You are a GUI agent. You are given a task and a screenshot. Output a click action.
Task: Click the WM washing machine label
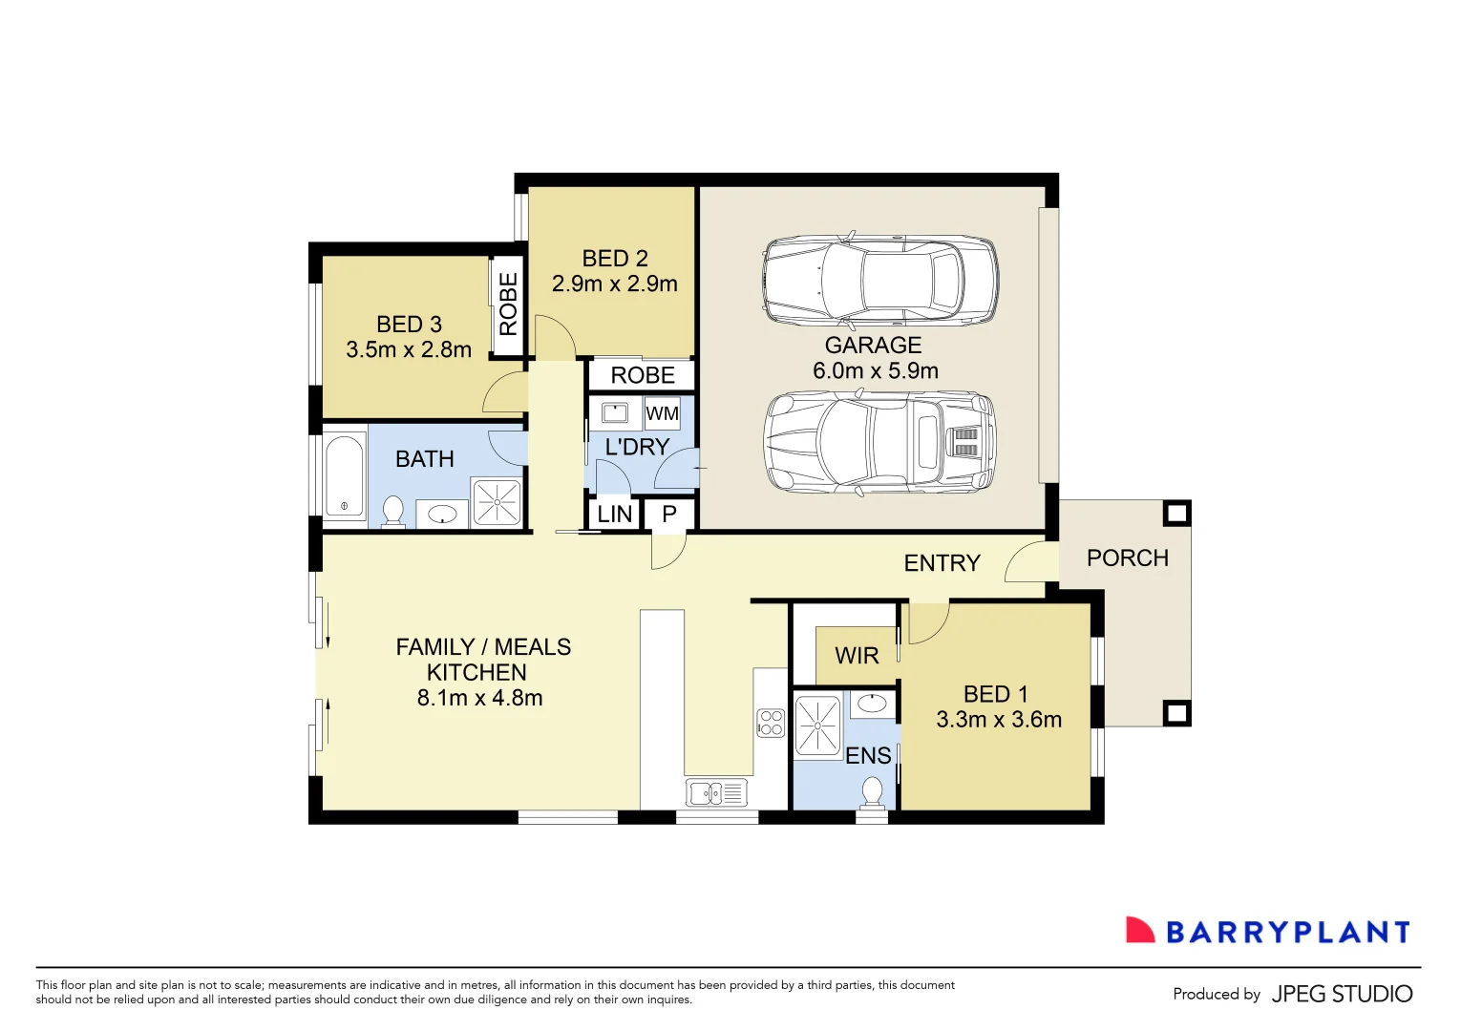(662, 413)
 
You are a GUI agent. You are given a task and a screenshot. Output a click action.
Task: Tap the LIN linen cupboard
(614, 515)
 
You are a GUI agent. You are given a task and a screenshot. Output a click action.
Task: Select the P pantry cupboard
(669, 514)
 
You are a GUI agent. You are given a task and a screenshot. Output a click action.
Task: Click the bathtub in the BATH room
(345, 475)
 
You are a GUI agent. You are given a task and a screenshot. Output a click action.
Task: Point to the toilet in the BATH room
(392, 511)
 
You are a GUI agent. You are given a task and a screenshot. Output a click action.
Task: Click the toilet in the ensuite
(872, 791)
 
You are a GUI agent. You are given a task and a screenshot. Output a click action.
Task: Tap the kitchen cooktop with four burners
(771, 723)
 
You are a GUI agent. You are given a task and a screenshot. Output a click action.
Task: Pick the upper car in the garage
(879, 281)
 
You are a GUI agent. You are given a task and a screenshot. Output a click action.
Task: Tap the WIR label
(857, 656)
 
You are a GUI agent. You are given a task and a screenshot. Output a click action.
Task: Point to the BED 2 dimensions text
(615, 284)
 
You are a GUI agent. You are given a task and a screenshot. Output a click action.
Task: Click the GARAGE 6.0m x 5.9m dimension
(875, 371)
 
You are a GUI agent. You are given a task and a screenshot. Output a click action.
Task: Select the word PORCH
(1127, 558)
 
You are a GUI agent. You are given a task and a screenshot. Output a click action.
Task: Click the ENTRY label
(942, 563)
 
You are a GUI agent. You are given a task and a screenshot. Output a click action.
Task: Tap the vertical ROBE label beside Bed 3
(508, 305)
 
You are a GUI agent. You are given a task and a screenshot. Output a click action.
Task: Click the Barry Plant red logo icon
(1139, 931)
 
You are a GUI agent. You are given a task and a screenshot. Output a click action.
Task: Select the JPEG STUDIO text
(1342, 994)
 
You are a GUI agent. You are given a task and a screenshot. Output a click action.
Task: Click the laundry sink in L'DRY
(614, 412)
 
